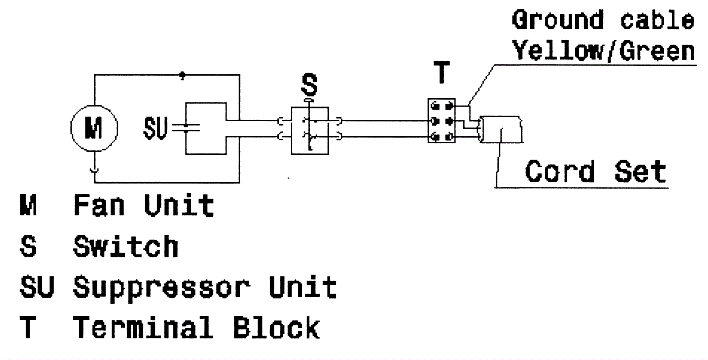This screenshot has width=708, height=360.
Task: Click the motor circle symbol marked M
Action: tap(94, 128)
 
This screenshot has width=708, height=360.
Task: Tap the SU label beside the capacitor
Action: tap(155, 128)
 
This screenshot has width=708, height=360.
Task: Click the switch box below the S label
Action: tap(310, 130)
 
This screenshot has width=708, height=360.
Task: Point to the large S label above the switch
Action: tap(309, 85)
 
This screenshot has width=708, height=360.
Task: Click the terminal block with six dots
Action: tap(442, 121)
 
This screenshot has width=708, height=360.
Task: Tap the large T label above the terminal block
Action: tap(442, 73)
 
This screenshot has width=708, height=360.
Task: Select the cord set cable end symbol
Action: tap(501, 129)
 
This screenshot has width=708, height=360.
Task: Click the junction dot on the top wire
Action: tap(182, 76)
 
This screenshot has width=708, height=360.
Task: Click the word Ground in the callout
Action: tap(558, 20)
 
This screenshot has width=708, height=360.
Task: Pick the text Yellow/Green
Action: tap(604, 51)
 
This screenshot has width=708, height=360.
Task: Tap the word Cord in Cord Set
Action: tap(560, 172)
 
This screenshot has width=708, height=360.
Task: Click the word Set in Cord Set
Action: tap(640, 172)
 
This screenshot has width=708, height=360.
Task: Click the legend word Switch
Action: tap(126, 246)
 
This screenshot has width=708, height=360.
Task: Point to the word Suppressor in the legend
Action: tap(162, 288)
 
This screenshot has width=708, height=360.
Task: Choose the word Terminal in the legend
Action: tap(142, 328)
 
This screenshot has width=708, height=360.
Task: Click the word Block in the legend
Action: tap(276, 328)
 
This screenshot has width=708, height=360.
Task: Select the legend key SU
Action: tap(37, 287)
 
